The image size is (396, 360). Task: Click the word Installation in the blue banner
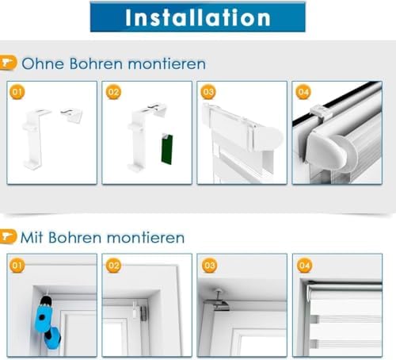(198, 17)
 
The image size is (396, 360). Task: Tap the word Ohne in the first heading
(43, 63)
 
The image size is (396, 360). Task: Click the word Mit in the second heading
(32, 237)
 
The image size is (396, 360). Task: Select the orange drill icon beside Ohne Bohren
(8, 63)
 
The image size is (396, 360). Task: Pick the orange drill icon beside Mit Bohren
(8, 236)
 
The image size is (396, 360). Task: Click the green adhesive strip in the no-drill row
(167, 149)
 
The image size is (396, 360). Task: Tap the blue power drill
(46, 321)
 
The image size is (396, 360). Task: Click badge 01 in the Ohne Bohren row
(17, 92)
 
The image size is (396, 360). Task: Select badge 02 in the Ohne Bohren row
(113, 92)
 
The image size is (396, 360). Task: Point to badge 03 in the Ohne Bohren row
(208, 92)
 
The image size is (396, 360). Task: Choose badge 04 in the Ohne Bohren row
(303, 92)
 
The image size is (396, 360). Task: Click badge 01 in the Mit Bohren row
(17, 266)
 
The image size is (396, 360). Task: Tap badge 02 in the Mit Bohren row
(113, 266)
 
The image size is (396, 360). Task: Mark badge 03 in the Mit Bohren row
(209, 266)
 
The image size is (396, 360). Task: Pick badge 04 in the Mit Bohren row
(304, 266)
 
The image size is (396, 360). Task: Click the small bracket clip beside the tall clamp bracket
(71, 115)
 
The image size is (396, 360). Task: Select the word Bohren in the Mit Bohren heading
(75, 237)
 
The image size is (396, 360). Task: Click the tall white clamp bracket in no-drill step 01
(36, 139)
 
